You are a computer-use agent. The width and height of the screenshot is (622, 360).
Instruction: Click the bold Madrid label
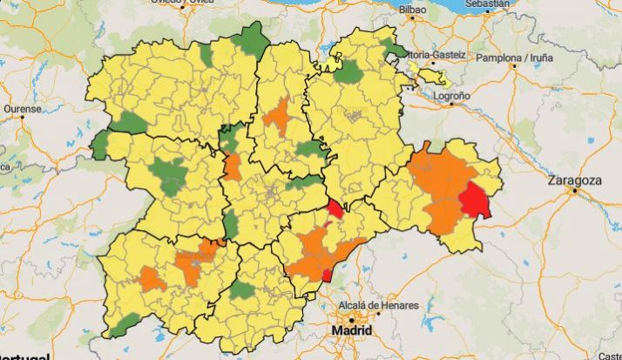point(352,332)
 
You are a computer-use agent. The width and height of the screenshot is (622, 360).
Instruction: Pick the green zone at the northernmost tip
point(253,39)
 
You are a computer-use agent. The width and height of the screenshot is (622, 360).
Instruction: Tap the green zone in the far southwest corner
point(125,326)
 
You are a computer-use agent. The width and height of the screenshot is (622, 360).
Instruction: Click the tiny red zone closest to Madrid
point(328,275)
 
